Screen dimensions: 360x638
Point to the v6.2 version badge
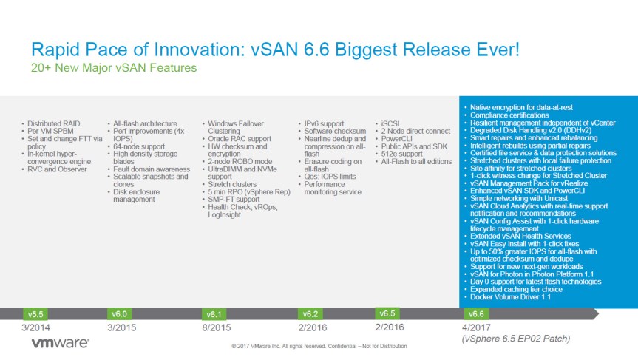311,313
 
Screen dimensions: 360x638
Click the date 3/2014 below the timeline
36,327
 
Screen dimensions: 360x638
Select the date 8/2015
217,327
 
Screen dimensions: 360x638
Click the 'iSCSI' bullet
391,123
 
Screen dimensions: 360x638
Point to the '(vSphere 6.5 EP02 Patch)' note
514,339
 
